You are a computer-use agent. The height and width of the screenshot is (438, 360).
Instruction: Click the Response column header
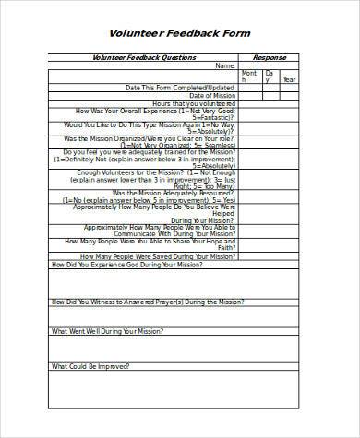click(270, 57)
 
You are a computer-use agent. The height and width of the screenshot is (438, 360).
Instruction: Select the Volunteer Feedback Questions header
click(144, 57)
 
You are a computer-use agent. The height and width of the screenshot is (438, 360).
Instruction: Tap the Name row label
click(225, 65)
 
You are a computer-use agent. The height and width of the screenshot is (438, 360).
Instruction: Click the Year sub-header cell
click(289, 79)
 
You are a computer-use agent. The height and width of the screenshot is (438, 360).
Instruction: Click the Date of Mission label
click(212, 96)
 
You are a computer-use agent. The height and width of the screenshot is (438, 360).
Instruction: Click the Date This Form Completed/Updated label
click(180, 88)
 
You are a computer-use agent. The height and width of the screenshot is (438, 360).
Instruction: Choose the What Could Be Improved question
click(96, 365)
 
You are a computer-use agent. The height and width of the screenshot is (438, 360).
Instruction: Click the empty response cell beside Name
click(270, 65)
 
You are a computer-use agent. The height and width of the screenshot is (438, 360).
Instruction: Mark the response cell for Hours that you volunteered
click(270, 104)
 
